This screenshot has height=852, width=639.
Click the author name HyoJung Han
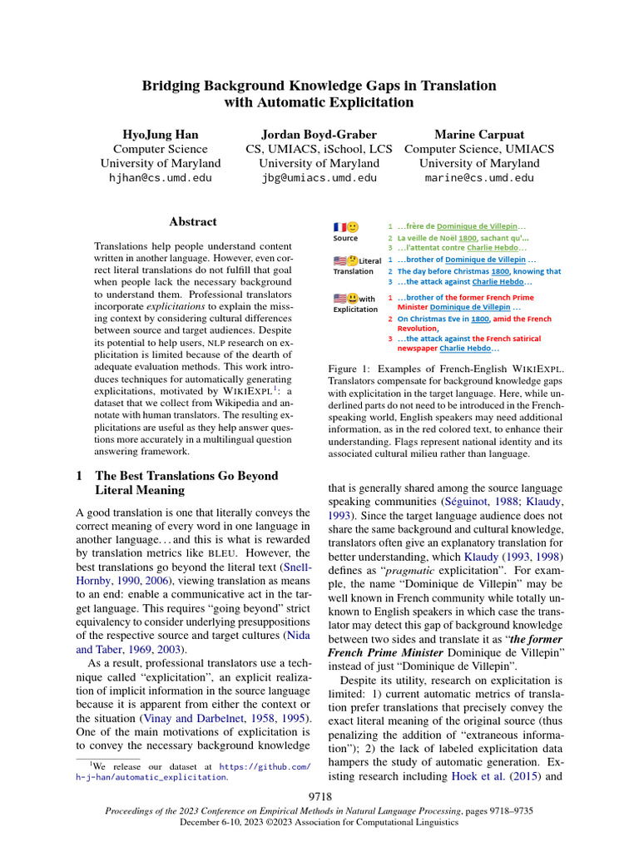[x=161, y=134]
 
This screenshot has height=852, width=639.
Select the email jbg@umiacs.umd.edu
[x=319, y=178]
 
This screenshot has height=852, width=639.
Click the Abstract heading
[x=193, y=222]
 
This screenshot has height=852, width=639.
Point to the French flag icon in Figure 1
[x=339, y=227]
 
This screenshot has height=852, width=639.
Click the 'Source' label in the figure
[x=345, y=238]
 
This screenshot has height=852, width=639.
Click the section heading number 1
[x=79, y=477]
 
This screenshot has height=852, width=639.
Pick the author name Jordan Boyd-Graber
[x=319, y=134]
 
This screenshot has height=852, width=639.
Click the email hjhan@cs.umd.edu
[x=161, y=178]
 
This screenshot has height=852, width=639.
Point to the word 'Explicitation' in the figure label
[x=356, y=310]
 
